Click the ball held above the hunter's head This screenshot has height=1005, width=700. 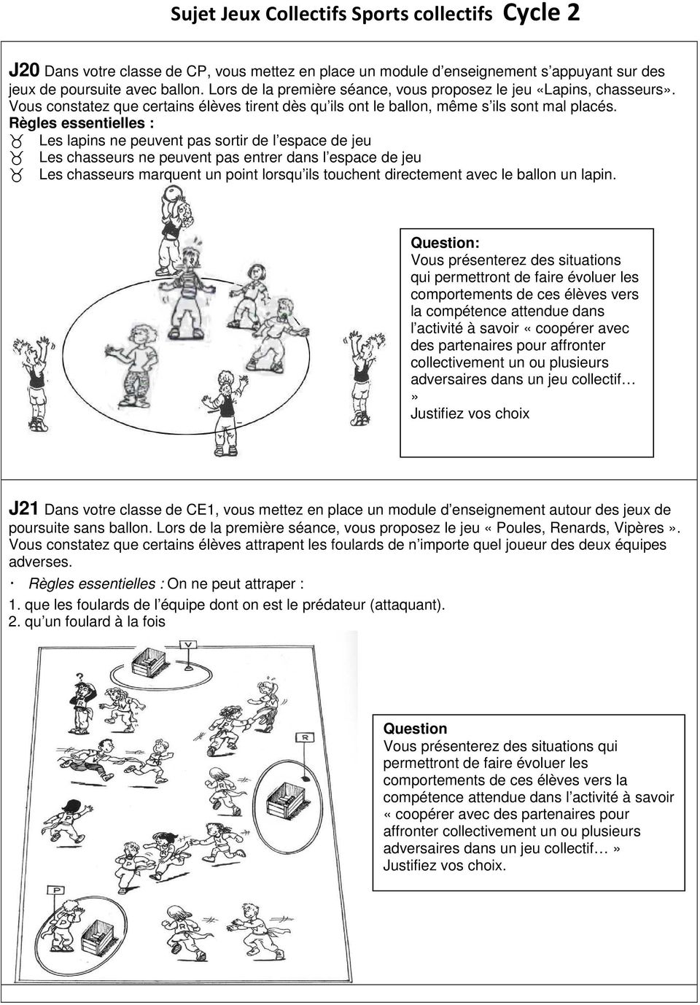point(172,195)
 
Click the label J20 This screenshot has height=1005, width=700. point(25,71)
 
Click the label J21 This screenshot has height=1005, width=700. point(25,510)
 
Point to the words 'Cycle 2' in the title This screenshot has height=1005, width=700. point(542,14)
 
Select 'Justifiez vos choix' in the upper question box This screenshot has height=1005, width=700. point(470,414)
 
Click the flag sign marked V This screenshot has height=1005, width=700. point(190,645)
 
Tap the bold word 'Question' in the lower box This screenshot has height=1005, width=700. point(415,729)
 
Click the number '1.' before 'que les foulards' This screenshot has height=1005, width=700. point(14,605)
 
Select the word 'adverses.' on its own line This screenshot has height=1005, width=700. point(41,562)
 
